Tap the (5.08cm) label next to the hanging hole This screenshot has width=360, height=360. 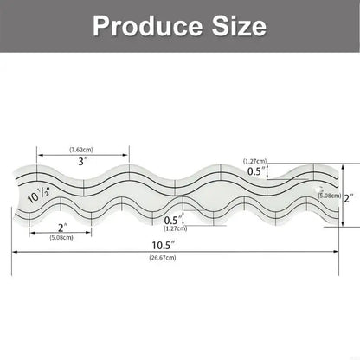coord(329,196)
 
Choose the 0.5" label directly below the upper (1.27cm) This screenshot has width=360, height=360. coord(254,171)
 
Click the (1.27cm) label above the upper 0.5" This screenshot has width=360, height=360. coord(254,161)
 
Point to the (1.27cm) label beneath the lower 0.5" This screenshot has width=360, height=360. coord(175,230)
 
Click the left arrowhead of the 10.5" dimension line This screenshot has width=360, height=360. coord(15,251)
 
